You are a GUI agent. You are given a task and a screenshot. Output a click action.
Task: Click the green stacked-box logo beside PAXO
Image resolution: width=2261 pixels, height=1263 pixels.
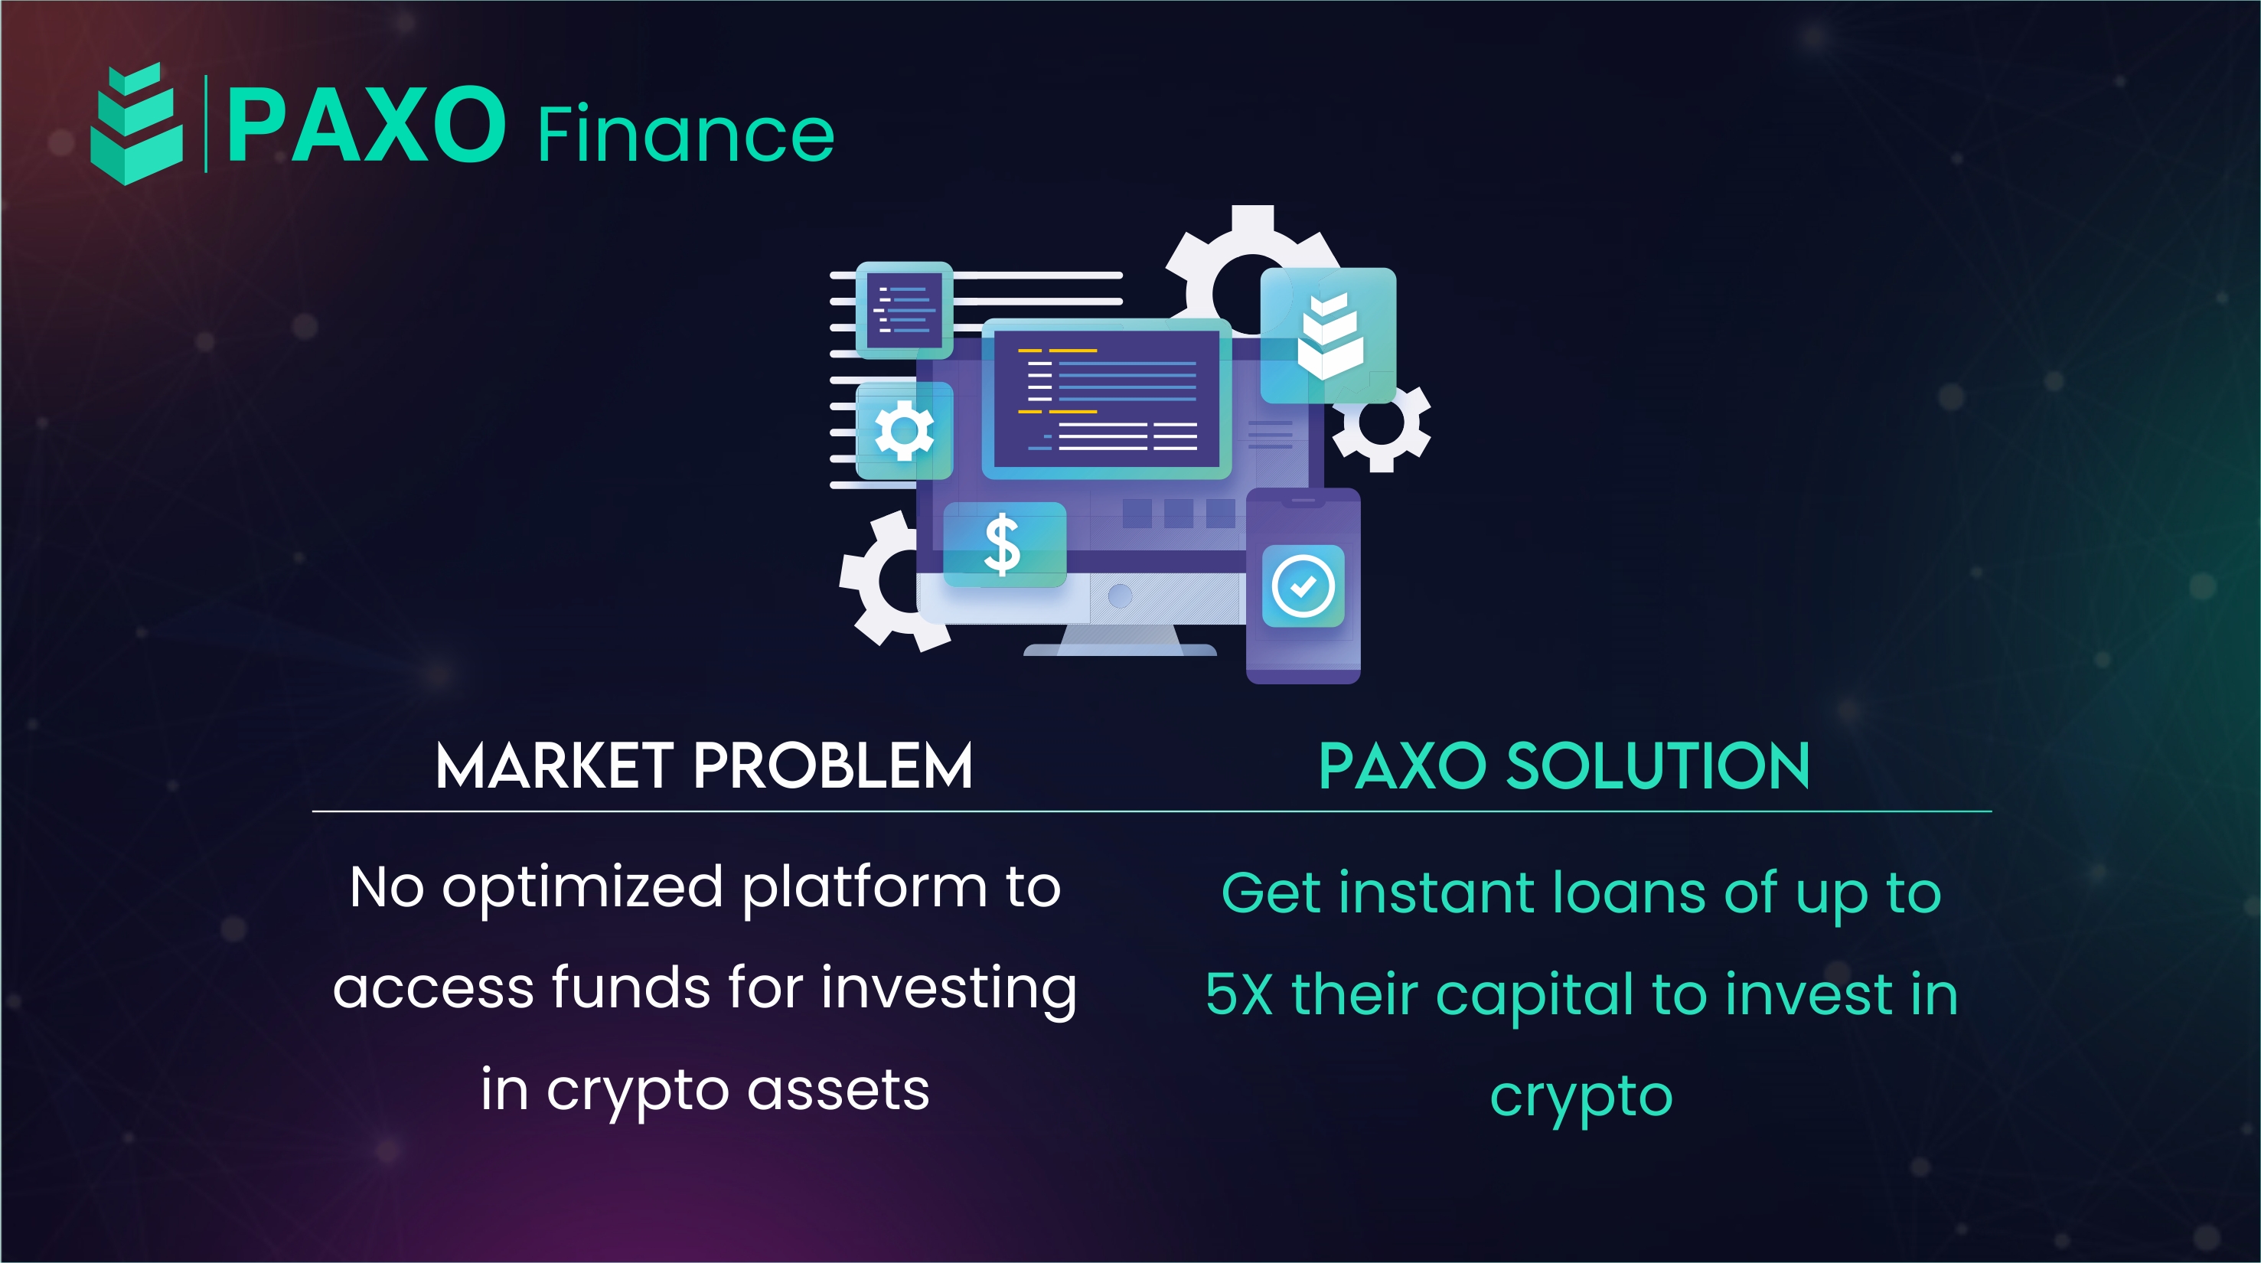(137, 124)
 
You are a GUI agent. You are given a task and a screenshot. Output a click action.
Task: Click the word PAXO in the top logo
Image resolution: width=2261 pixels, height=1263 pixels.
(366, 125)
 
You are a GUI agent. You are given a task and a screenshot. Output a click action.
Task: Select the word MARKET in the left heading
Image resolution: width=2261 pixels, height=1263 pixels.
(555, 765)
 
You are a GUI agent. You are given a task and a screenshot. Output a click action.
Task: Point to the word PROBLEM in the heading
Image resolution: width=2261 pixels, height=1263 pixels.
(833, 765)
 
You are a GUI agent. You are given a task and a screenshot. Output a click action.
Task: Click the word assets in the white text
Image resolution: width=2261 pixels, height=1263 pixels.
(838, 1091)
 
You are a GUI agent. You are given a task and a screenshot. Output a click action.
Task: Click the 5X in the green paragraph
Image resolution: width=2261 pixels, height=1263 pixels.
(1239, 994)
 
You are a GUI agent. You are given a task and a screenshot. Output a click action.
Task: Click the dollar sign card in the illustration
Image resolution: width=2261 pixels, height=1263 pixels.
(1005, 545)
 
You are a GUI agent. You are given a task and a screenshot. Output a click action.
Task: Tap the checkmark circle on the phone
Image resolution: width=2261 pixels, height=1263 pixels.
(1303, 586)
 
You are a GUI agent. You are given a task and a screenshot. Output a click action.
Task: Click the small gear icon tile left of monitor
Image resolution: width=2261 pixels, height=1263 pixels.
(904, 430)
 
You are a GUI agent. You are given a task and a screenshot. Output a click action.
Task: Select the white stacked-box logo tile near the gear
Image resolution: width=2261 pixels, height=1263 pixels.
(1328, 335)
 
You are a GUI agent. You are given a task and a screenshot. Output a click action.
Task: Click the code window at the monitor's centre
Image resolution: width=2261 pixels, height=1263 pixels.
(1107, 399)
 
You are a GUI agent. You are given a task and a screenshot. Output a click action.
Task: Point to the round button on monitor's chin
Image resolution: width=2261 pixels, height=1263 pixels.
(1120, 596)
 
